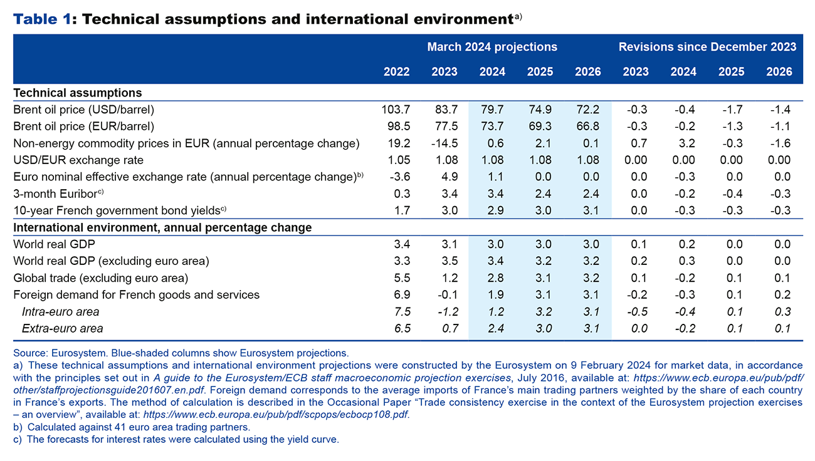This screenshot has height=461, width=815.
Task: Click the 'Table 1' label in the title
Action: point(42,19)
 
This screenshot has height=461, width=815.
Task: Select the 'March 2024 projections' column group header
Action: point(492,47)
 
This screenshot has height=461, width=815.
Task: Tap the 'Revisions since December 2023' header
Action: point(707,47)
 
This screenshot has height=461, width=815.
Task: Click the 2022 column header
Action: point(396,71)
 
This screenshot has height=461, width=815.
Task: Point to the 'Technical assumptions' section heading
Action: point(77,93)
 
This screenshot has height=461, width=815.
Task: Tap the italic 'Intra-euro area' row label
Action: point(60,311)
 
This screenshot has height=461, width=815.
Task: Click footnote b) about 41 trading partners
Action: point(132,427)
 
